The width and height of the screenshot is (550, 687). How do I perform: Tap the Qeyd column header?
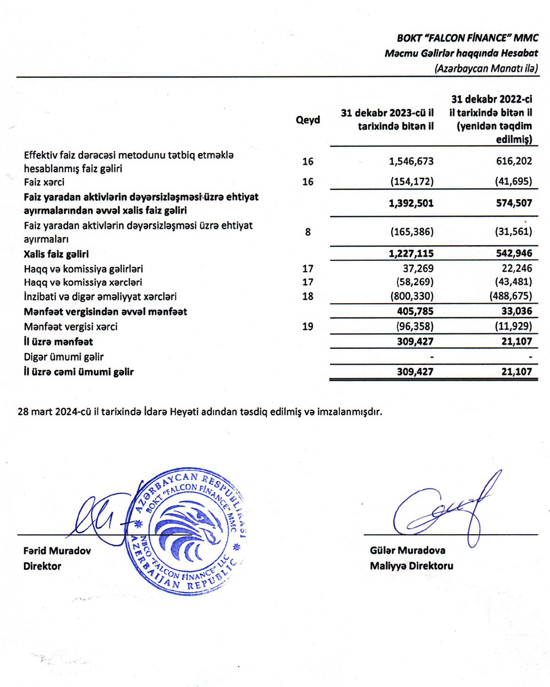[x=307, y=120]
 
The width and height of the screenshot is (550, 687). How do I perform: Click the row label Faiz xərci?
[x=44, y=182]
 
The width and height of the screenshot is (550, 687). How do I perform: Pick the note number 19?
[x=307, y=327]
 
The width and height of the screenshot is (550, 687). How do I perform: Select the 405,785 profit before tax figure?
[x=415, y=312]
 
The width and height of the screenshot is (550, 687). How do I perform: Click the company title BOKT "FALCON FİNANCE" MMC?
[x=467, y=39]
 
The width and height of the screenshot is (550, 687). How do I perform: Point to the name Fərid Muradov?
[x=57, y=551]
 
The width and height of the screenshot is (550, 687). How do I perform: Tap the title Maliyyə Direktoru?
[x=411, y=565]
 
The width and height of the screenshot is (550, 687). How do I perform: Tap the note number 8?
[x=307, y=232]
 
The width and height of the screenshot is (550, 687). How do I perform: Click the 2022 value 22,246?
[x=515, y=268]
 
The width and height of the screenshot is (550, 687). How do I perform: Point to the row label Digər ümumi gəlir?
[x=64, y=357]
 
